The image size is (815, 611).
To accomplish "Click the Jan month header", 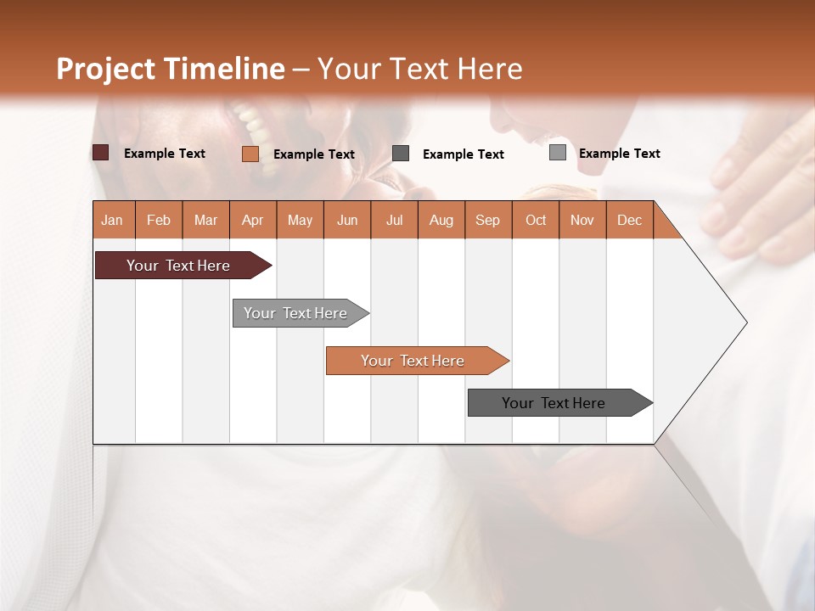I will tap(112, 220).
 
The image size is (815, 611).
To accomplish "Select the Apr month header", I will tap(252, 220).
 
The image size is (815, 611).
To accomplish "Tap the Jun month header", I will tap(346, 220).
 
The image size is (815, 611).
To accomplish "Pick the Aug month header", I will tap(441, 220).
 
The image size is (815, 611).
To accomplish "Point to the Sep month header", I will tap(487, 220).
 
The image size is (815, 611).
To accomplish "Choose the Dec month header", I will tap(629, 220).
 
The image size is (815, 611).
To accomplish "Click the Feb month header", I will tap(159, 220).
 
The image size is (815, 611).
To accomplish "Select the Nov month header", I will tap(582, 220).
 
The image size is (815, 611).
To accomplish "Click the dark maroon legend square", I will tap(101, 153).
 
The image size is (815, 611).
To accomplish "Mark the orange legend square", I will tap(250, 154).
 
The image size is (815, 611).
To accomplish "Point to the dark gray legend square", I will tap(401, 153).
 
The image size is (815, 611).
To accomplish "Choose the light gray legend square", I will tap(557, 153).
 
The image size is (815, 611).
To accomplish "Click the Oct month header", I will tap(535, 220).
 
